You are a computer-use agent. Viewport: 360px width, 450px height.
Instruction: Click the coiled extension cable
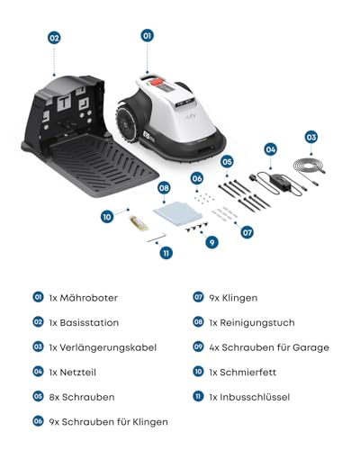310,172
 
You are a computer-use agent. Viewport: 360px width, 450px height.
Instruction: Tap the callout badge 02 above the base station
54,38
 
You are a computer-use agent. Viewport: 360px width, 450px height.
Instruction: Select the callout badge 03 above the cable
310,137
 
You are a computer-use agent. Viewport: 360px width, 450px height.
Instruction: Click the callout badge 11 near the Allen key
166,254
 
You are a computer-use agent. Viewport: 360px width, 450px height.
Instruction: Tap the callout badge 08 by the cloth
164,188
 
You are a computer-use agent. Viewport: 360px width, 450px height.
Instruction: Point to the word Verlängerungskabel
109,346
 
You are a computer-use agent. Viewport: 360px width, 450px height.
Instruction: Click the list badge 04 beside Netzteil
38,371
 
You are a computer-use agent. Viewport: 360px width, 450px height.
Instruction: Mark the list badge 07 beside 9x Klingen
199,296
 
